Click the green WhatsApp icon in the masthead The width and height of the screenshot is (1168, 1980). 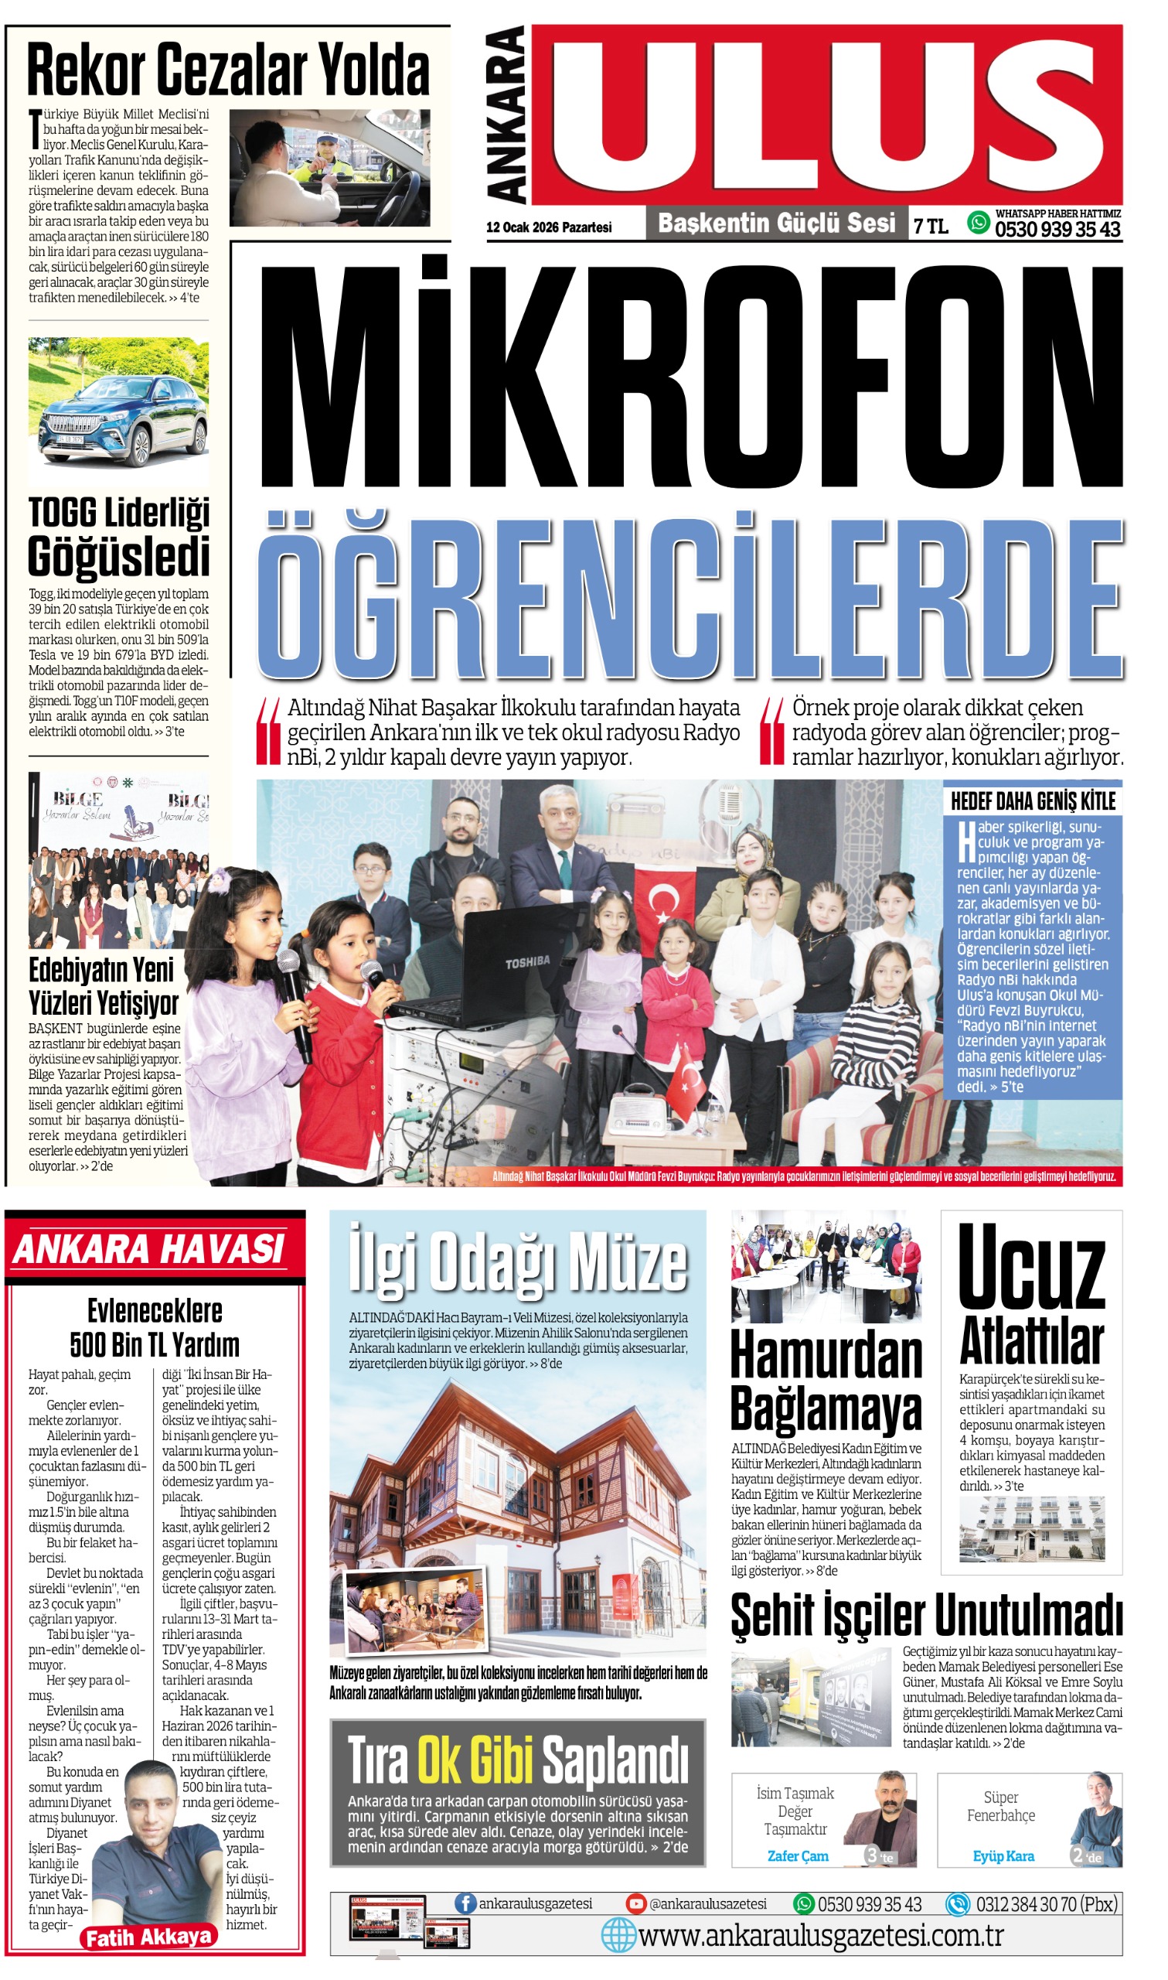pyautogui.click(x=978, y=223)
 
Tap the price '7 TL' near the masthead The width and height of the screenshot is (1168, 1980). pyautogui.click(x=931, y=227)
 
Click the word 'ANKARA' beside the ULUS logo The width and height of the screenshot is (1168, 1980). pyautogui.click(x=506, y=116)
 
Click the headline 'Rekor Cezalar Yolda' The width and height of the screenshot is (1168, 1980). pyautogui.click(x=228, y=71)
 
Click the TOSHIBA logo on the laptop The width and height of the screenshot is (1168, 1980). pyautogui.click(x=527, y=962)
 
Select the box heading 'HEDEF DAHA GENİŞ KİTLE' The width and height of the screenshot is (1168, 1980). pyautogui.click(x=1033, y=801)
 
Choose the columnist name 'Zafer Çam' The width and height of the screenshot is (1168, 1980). pyautogui.click(x=797, y=1856)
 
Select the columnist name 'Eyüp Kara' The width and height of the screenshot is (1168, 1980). pyautogui.click(x=1003, y=1856)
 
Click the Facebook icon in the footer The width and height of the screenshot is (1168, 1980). pyautogui.click(x=465, y=1903)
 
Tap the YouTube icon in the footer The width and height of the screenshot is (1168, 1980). pyautogui.click(x=635, y=1903)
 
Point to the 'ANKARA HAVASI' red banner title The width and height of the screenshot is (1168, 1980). pyautogui.click(x=148, y=1249)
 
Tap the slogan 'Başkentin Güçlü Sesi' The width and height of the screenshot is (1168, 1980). pyautogui.click(x=776, y=224)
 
